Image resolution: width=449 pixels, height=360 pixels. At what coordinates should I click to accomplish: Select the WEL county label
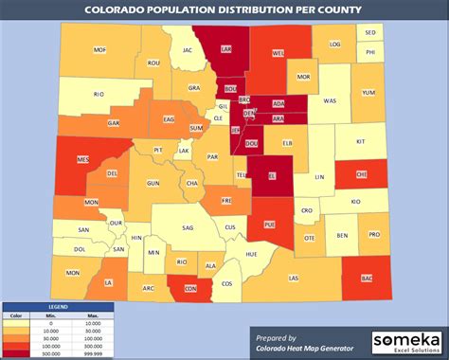pyautogui.click(x=278, y=54)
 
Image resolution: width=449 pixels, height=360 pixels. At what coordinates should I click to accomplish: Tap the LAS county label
pyautogui.click(x=294, y=278)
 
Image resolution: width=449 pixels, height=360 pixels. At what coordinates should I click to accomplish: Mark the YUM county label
pyautogui.click(x=368, y=93)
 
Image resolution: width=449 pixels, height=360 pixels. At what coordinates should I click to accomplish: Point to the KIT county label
pyautogui.click(x=360, y=140)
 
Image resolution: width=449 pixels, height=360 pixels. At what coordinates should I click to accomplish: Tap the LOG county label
pyautogui.click(x=334, y=44)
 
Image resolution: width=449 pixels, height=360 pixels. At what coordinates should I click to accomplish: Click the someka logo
pyautogui.click(x=406, y=340)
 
